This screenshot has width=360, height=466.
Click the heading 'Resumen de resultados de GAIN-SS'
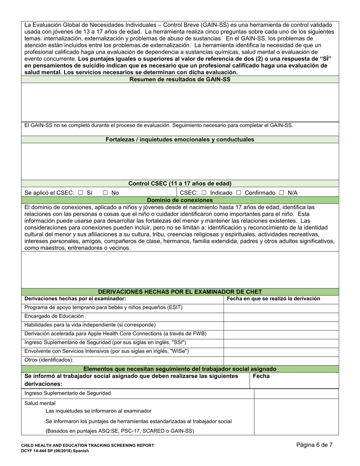tap(180, 80)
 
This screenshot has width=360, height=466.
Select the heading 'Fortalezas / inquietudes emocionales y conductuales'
tap(180, 139)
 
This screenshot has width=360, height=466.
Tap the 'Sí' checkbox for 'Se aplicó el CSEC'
tap(80, 193)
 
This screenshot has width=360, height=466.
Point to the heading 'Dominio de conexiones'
tap(180, 200)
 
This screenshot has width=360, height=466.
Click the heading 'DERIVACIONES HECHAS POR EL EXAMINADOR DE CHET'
tap(180, 292)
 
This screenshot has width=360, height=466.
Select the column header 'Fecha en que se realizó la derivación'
tap(273, 299)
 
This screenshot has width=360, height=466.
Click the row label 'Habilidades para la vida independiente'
tap(90, 325)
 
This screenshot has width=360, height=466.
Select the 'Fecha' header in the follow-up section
tap(261, 376)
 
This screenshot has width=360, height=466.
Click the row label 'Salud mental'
tap(40, 403)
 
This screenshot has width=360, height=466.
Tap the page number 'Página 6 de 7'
tap(315, 445)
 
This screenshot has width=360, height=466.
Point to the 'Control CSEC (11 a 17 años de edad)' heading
tap(180, 184)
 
